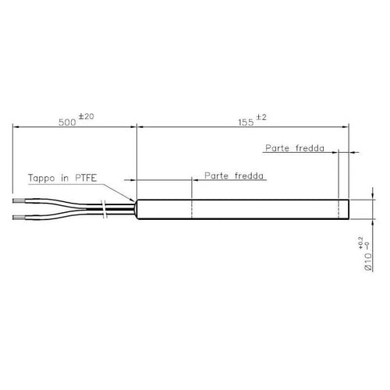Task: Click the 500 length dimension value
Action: (67, 122)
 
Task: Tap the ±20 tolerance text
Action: (86, 116)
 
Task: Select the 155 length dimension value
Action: (246, 122)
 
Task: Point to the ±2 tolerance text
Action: (261, 117)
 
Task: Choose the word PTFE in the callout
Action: (86, 178)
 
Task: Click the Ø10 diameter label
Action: (368, 262)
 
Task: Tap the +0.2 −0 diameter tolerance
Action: (364, 243)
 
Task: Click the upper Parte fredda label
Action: (295, 148)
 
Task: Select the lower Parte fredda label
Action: (234, 175)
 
